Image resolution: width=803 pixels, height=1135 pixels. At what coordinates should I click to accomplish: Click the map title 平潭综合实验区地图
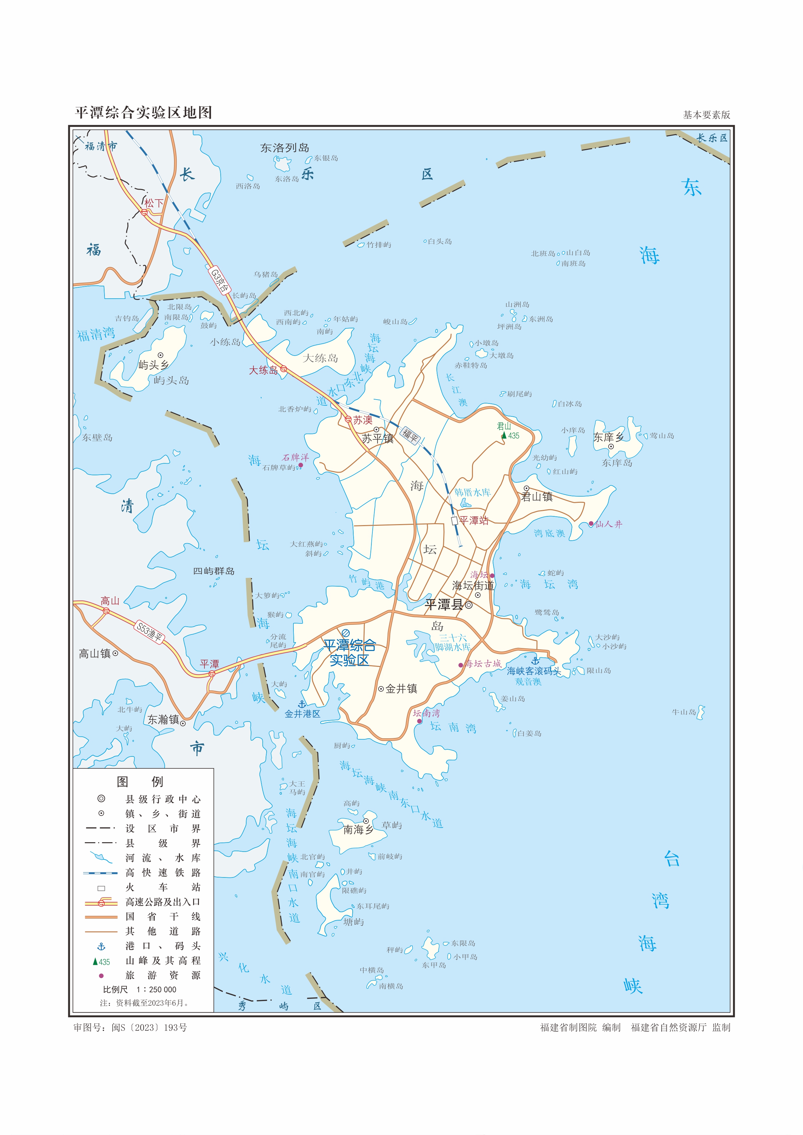click(143, 113)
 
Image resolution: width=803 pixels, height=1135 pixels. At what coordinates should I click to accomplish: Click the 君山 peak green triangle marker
click(504, 435)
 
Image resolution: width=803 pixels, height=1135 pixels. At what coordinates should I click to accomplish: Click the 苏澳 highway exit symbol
click(348, 419)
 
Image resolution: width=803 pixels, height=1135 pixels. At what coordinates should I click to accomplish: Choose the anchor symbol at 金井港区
click(302, 704)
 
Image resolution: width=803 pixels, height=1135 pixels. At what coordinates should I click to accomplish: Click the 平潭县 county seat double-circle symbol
click(469, 605)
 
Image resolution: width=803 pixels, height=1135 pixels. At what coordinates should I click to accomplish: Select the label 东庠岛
click(617, 463)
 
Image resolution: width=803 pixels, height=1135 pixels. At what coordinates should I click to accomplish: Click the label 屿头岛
click(171, 380)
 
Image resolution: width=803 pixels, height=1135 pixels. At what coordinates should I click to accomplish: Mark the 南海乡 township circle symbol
click(366, 821)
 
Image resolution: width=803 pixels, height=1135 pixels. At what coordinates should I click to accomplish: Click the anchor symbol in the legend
click(101, 946)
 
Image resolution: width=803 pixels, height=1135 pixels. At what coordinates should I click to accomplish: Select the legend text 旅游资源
click(163, 975)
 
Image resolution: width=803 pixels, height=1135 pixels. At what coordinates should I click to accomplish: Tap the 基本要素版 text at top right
click(706, 115)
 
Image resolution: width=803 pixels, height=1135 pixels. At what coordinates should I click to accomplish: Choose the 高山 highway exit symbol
click(106, 611)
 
